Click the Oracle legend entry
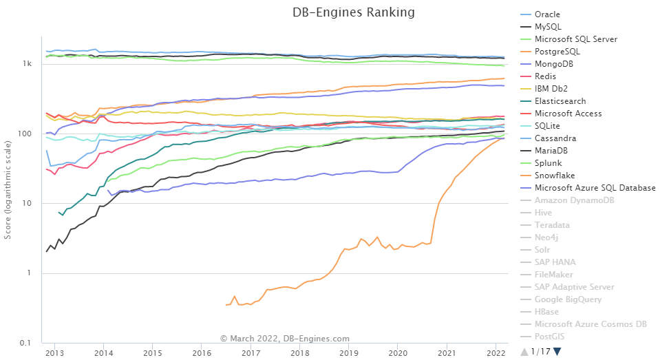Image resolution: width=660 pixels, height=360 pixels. point(547,14)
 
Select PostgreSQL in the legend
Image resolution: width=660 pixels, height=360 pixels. point(557,52)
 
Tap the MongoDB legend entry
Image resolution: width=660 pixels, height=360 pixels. point(553,64)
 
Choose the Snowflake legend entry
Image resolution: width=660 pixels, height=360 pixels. point(555,176)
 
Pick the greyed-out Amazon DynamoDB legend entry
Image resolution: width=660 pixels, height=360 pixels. point(574,200)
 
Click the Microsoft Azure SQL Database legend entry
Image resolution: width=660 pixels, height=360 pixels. point(595,188)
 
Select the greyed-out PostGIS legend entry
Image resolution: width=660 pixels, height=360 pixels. point(551,337)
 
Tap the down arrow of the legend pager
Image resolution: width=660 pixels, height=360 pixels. point(557,352)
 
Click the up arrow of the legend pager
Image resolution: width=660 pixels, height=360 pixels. point(524,352)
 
